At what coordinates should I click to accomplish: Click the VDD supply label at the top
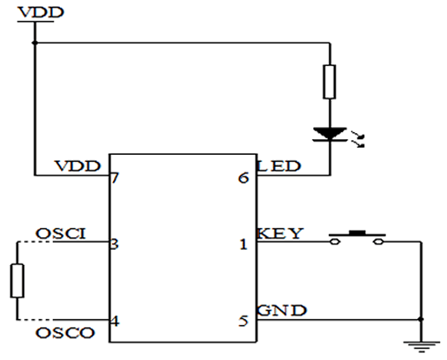coord(41,12)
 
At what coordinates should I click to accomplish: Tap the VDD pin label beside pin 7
coord(77,166)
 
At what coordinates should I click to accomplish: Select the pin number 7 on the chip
coord(115,177)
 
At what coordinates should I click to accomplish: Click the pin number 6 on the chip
coord(244,177)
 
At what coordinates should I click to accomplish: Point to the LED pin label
coord(279,166)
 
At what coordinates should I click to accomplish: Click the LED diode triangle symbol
coord(330,134)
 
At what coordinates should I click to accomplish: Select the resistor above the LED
coord(330,82)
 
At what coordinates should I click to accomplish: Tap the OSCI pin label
coord(61,233)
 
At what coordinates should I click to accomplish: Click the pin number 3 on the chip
coord(115,243)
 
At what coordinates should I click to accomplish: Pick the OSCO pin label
coord(65,333)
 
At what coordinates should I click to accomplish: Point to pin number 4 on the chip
coord(115,321)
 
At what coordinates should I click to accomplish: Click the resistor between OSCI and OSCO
coord(17,281)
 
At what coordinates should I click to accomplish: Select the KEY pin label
coord(280,233)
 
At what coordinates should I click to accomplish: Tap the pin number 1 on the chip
coord(244,244)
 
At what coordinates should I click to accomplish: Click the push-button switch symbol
coord(357,237)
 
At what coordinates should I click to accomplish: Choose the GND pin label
coord(282,310)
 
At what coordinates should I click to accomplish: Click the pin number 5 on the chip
coord(244,321)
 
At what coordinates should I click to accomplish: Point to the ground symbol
coord(422,347)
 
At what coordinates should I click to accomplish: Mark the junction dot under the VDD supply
coord(35,43)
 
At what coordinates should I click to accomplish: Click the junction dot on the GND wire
coord(421,319)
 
